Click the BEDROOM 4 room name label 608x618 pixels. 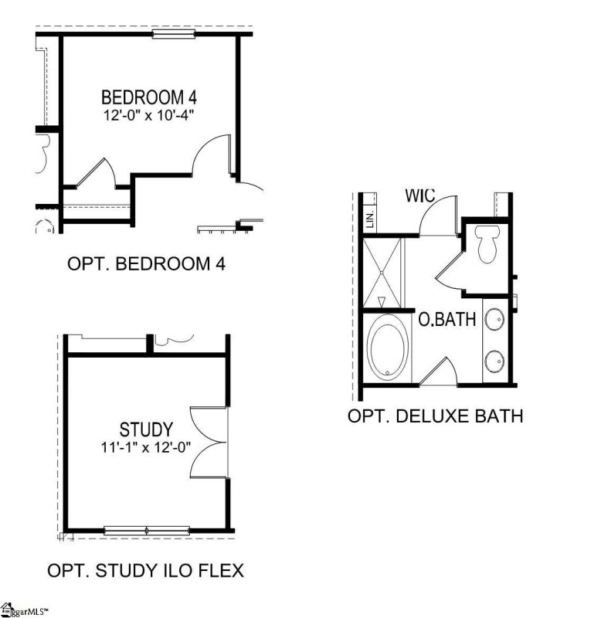[x=150, y=98]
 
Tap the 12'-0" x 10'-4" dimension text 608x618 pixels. [x=150, y=116]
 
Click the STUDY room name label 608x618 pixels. [x=146, y=430]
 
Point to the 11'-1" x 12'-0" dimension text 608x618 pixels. [x=145, y=447]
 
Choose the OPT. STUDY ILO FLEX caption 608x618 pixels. [x=145, y=572]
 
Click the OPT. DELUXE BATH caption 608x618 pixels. [x=435, y=416]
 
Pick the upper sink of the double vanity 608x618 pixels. [x=494, y=317]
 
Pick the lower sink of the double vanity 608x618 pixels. [x=494, y=359]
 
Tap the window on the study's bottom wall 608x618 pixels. [x=147, y=530]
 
